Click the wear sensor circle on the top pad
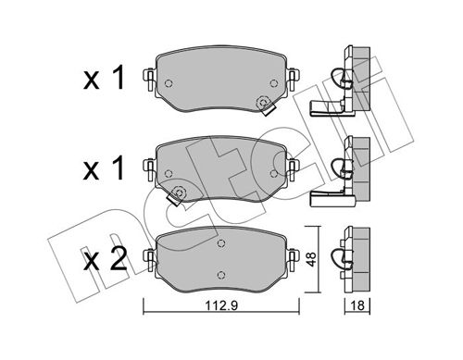263,103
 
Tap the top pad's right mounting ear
293,79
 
